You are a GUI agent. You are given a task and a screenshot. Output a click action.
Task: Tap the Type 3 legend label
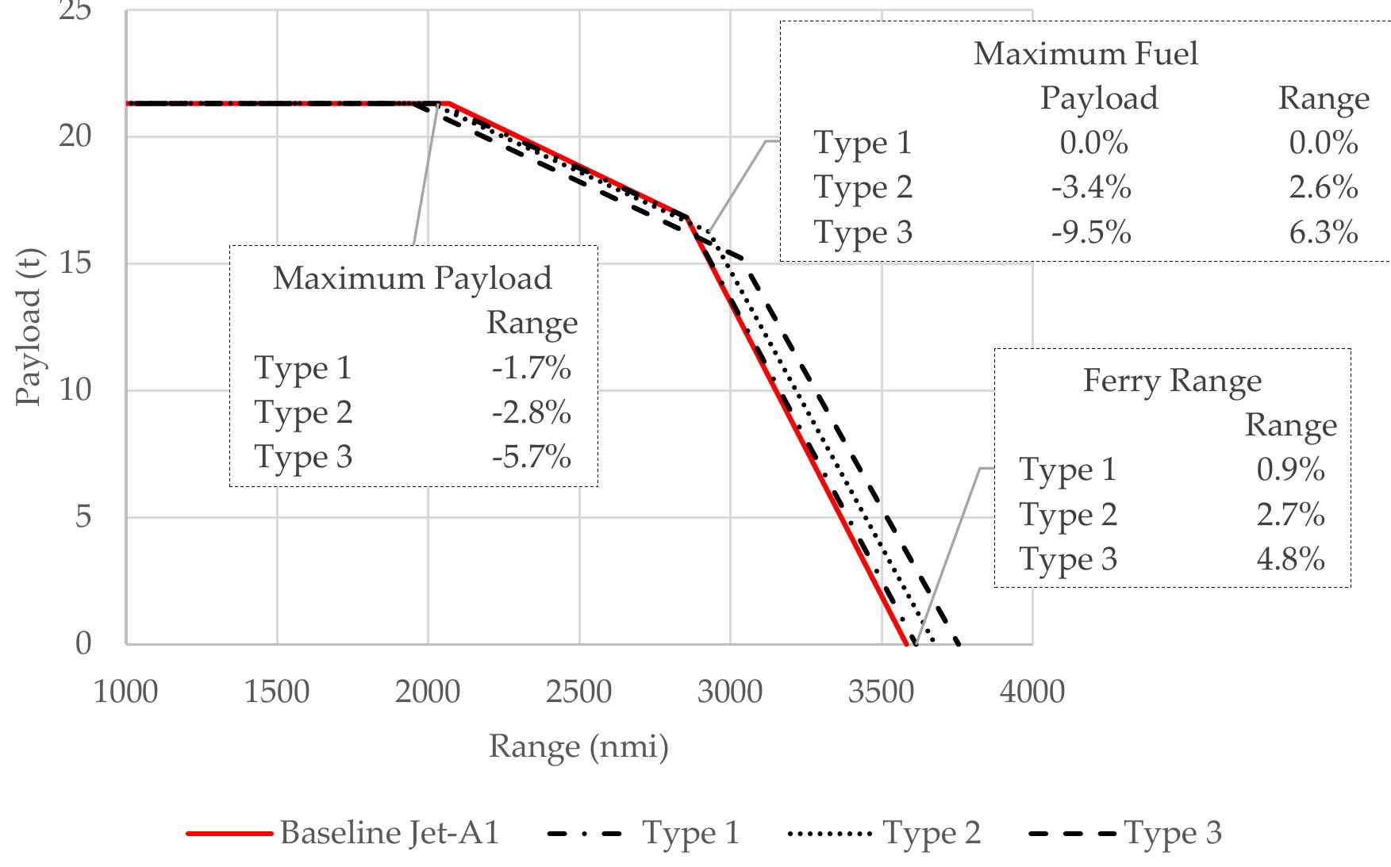[x=1173, y=833]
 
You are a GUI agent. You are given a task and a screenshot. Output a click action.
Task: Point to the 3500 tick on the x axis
[x=881, y=692]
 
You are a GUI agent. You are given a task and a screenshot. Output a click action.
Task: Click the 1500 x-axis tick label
[x=277, y=692]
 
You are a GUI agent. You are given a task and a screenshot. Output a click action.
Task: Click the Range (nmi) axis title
[x=578, y=746]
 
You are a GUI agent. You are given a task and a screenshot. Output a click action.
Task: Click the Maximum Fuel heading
[x=1086, y=54]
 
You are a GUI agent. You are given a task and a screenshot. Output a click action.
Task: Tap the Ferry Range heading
[x=1172, y=381]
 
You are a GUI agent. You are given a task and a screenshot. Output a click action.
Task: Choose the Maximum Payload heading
[x=412, y=278]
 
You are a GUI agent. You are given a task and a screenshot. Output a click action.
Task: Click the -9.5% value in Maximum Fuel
[x=1091, y=233]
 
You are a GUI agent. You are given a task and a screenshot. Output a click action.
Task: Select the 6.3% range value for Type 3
[x=1323, y=233]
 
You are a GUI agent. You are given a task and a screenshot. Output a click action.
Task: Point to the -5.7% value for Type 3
[x=531, y=458]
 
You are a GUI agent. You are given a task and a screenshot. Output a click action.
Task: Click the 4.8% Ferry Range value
[x=1290, y=559]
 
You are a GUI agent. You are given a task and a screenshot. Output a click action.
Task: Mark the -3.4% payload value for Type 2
[x=1091, y=188]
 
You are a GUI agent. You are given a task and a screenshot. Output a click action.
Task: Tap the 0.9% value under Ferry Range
[x=1290, y=470]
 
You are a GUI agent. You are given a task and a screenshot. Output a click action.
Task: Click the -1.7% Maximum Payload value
[x=531, y=368]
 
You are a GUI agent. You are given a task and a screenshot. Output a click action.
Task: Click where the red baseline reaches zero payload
[x=906, y=643]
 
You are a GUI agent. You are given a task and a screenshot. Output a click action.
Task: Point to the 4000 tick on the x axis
[x=1032, y=692]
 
